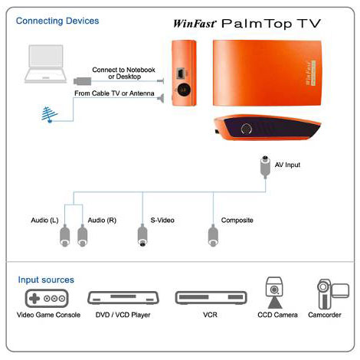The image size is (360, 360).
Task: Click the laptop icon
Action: click(46, 64)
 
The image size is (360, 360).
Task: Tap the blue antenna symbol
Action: click(50, 115)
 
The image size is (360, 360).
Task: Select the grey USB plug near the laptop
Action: click(83, 81)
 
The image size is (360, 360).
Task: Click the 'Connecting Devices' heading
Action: click(57, 21)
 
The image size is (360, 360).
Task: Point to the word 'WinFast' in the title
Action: click(195, 24)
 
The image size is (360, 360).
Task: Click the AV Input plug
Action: click(265, 166)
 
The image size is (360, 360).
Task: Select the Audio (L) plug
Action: click(64, 235)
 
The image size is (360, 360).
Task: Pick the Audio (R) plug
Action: click(82, 235)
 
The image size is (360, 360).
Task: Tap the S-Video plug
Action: click(142, 235)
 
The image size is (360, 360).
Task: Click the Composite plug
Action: click(213, 235)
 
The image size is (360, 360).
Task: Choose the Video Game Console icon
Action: click(47, 298)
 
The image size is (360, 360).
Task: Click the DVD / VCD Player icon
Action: click(123, 298)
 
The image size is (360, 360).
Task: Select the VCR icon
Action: click(211, 298)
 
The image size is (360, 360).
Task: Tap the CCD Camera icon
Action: click(274, 293)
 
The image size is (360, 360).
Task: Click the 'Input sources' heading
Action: click(46, 280)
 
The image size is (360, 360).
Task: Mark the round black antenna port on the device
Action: click(184, 90)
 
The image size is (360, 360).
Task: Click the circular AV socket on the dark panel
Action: click(247, 129)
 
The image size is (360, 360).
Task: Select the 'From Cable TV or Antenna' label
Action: click(114, 93)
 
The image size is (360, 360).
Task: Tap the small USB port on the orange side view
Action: click(181, 74)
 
